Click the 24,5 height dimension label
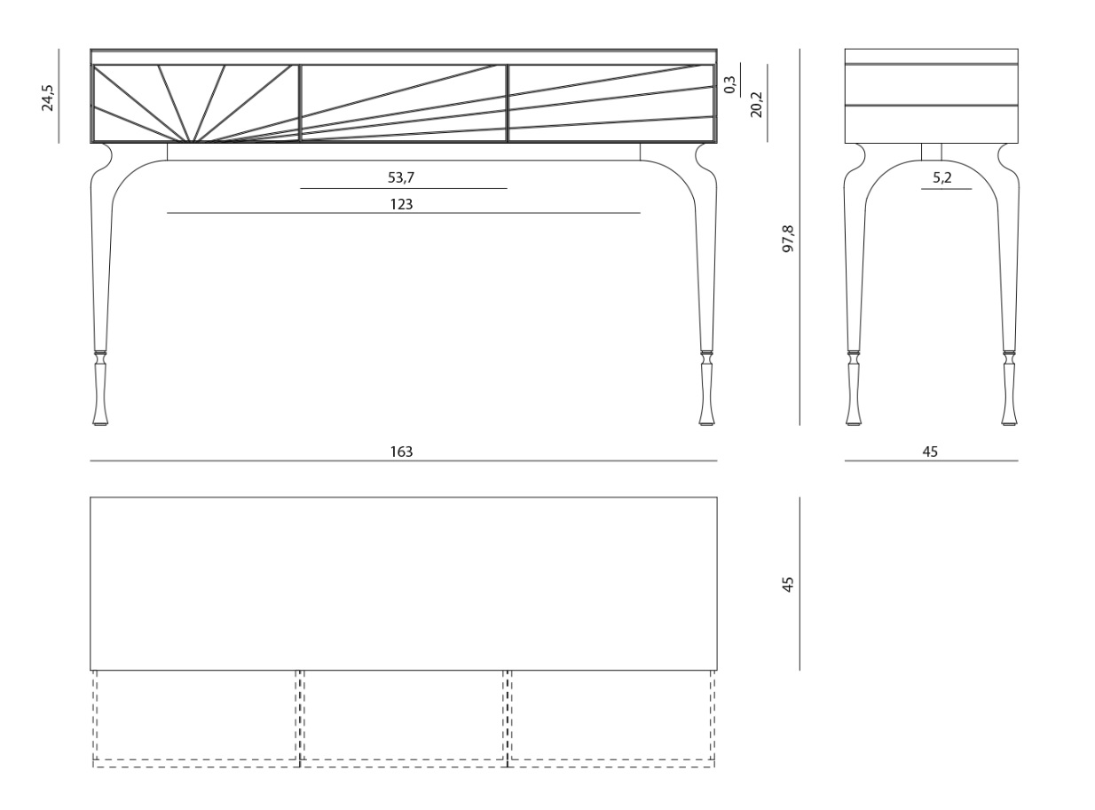point(48,98)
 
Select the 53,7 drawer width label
point(401,177)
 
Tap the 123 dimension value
point(401,204)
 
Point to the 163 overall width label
point(401,452)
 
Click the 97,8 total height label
point(789,239)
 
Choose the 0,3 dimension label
point(730,84)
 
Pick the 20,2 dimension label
point(756,105)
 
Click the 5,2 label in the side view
point(942,177)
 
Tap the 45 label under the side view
point(930,452)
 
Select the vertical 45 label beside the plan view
point(789,584)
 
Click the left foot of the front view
point(100,389)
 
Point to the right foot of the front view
point(707,389)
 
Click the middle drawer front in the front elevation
point(404,103)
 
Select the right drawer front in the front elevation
point(611,103)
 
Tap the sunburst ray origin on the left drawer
point(192,141)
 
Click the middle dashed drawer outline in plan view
point(404,719)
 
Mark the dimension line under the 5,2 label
point(947,189)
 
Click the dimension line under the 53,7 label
point(404,189)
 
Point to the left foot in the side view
point(854,389)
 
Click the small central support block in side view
point(931,152)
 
